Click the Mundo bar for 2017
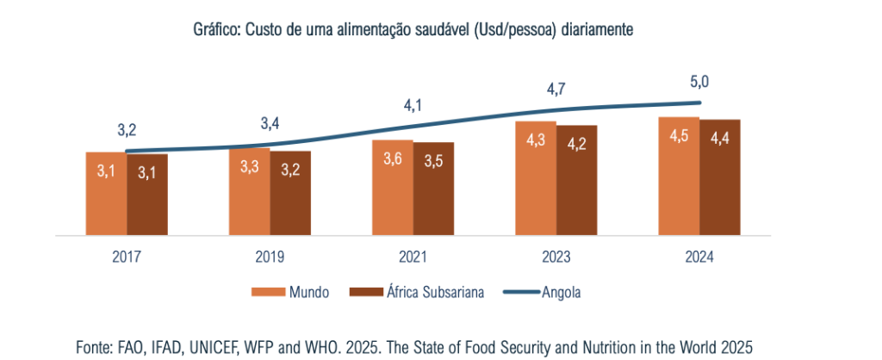106,193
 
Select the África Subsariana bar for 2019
290,193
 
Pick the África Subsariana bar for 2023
576,180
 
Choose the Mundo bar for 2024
679,176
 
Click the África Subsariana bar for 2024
719,177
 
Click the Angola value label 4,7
556,89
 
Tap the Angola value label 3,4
270,124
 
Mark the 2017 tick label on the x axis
127,257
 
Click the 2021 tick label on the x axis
413,257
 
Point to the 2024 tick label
699,257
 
